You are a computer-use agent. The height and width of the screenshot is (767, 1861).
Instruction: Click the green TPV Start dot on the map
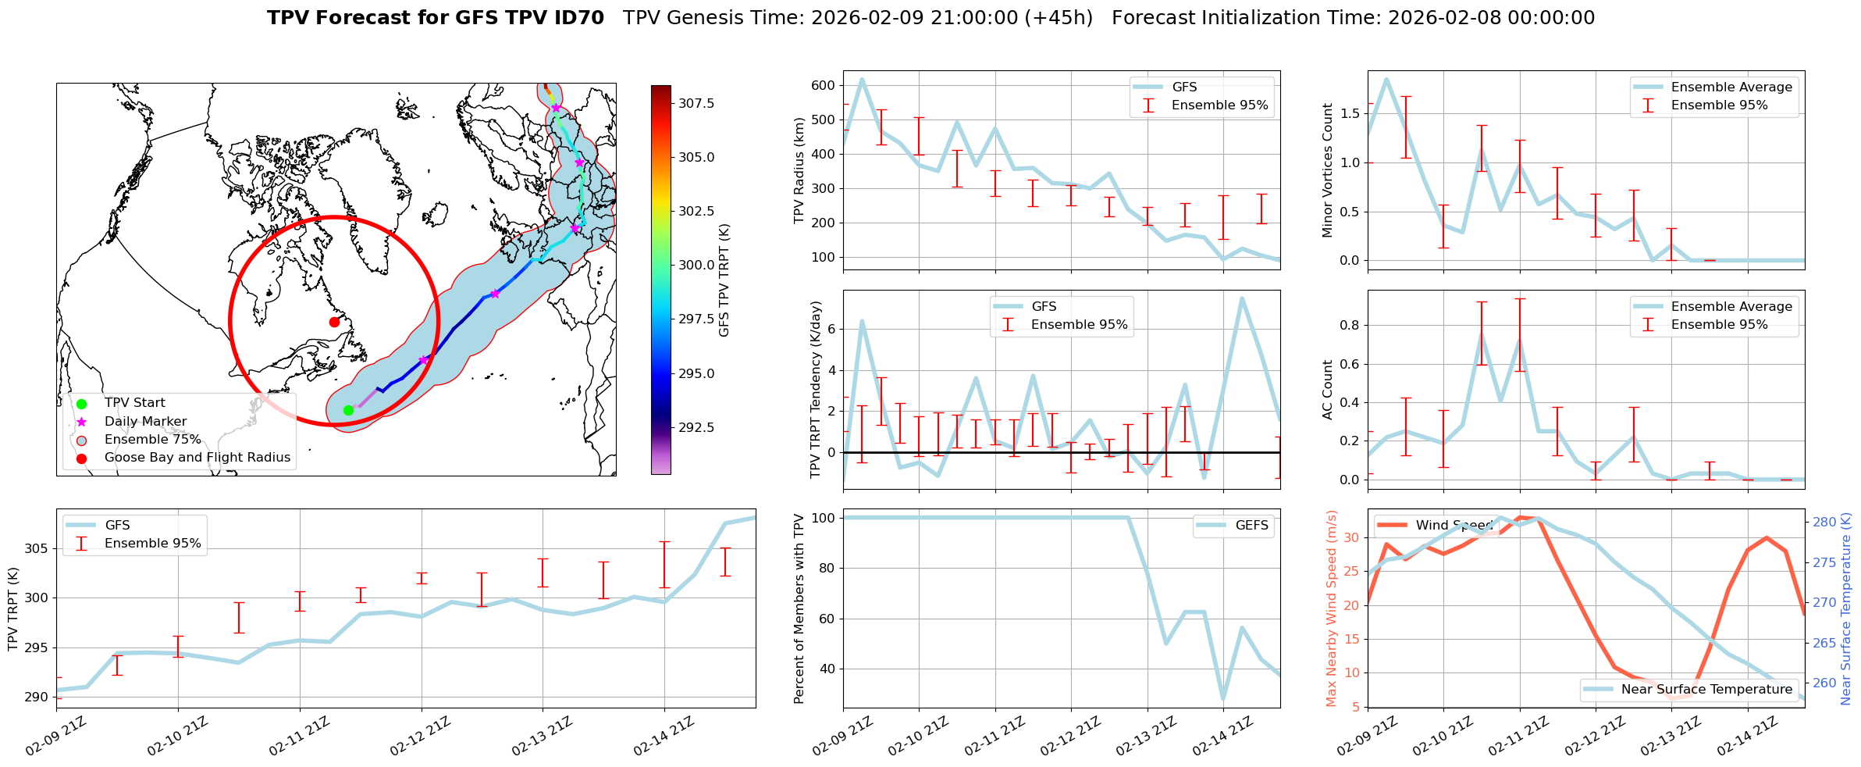click(x=348, y=410)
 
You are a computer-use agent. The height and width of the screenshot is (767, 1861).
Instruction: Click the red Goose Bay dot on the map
click(x=334, y=322)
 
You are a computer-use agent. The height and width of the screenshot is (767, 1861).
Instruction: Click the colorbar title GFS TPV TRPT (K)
click(x=724, y=280)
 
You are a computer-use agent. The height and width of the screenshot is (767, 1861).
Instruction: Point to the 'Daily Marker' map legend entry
click(x=145, y=421)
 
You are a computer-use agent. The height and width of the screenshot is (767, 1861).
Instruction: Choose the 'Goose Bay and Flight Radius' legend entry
click(x=197, y=458)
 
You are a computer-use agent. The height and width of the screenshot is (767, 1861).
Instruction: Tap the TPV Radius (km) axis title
click(x=799, y=170)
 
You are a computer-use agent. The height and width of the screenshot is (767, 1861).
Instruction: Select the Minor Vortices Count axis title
click(x=1328, y=170)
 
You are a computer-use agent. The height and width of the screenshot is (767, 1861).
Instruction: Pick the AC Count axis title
click(x=1328, y=390)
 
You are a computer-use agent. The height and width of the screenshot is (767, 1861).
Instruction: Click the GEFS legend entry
click(x=1251, y=526)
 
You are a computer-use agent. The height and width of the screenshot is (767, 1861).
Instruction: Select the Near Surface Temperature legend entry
click(x=1706, y=690)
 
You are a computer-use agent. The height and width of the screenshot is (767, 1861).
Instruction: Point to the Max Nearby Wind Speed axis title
click(x=1332, y=608)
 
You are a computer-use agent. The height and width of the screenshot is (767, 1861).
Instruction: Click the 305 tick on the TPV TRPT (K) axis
click(x=35, y=548)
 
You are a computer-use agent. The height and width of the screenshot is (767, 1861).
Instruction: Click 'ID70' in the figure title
click(x=577, y=18)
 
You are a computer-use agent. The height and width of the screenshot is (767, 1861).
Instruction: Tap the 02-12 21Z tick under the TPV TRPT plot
click(x=421, y=736)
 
